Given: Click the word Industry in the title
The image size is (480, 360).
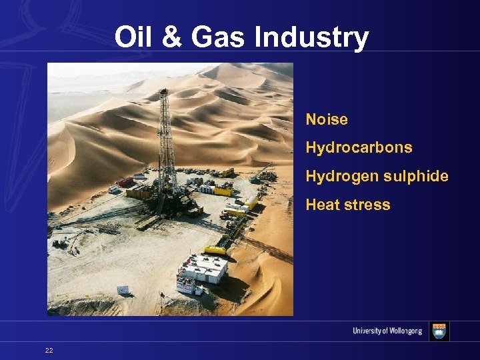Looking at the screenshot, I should pyautogui.click(x=311, y=37).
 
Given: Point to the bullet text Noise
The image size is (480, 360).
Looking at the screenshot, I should pyautogui.click(x=327, y=120).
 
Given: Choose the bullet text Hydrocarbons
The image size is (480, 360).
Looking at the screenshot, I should pyautogui.click(x=359, y=147).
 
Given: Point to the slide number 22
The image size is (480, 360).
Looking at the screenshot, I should pyautogui.click(x=49, y=350).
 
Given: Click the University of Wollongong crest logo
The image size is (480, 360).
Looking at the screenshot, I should pyautogui.click(x=439, y=331).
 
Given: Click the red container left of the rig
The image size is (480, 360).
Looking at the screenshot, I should pyautogui.click(x=125, y=182).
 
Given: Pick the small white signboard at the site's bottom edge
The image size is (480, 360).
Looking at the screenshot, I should pyautogui.click(x=123, y=290).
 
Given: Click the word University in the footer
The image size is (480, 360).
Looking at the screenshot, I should pyautogui.click(x=367, y=332).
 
